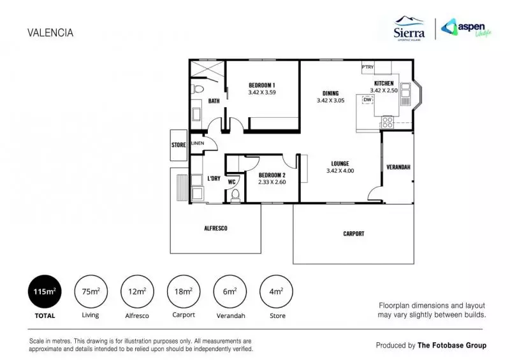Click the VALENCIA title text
[50, 33]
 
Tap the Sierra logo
[410, 29]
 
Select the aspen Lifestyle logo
[469, 29]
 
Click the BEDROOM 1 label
[261, 85]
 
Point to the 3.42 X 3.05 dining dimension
[330, 100]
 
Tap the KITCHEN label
[384, 83]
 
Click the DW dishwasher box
[367, 99]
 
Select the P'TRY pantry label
[367, 67]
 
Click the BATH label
[214, 101]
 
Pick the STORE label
[178, 145]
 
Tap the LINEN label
[197, 143]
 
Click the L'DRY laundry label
[214, 178]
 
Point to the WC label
[231, 181]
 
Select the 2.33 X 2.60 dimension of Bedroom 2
[272, 182]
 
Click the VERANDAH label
[398, 167]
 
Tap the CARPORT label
[354, 234]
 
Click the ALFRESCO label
[215, 228]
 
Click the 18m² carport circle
[184, 292]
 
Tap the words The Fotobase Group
[451, 345]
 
